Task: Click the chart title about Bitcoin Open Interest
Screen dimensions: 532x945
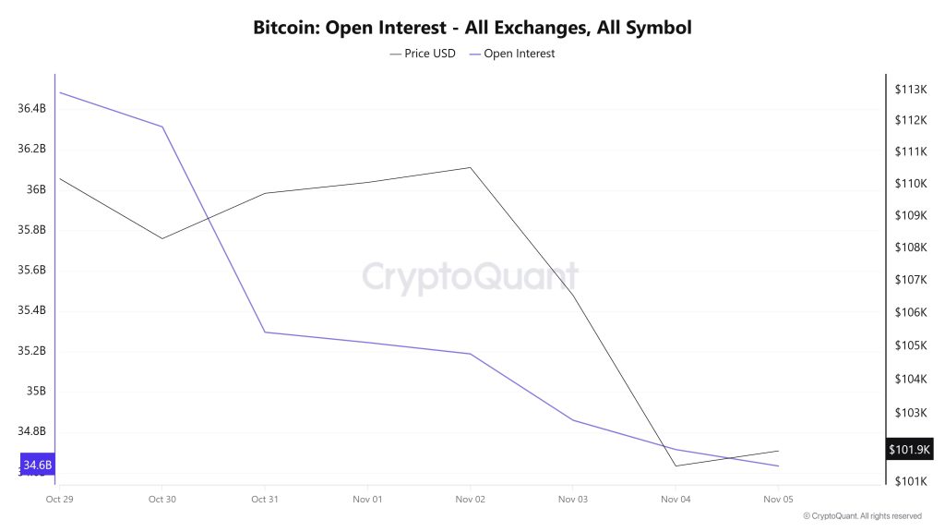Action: (472, 28)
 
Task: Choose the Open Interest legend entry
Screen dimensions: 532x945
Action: (512, 54)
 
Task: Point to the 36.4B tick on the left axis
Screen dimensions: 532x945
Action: (31, 109)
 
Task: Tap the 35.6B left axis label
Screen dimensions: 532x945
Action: (31, 271)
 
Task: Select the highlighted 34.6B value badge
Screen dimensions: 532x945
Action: (38, 465)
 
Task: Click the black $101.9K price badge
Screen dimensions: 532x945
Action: (910, 450)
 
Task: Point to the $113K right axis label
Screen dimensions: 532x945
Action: (910, 90)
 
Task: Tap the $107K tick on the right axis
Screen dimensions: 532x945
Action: (910, 280)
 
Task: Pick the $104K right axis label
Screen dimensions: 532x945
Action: (910, 380)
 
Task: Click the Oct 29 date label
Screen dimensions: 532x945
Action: (59, 499)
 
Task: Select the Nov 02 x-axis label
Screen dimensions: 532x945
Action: (471, 499)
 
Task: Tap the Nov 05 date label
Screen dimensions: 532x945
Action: (778, 499)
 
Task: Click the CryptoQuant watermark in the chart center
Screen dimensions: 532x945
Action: (470, 276)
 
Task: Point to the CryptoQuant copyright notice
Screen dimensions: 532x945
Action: (861, 516)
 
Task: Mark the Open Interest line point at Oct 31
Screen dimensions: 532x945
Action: (265, 332)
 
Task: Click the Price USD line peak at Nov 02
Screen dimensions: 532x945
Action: (471, 167)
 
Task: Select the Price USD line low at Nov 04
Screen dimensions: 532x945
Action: (676, 465)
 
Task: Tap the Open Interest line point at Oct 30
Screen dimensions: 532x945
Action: (162, 127)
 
